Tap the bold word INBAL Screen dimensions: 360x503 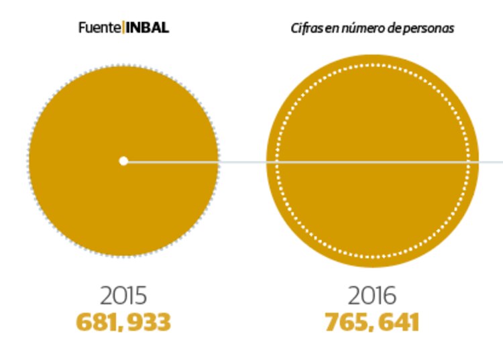pyautogui.click(x=147, y=29)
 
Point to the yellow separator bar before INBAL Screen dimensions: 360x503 pyautogui.click(x=123, y=29)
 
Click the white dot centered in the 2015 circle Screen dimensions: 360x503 pyautogui.click(x=123, y=161)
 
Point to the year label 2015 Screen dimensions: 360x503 pyautogui.click(x=123, y=296)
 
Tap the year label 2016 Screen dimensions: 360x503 pyautogui.click(x=372, y=296)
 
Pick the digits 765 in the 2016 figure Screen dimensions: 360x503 pyautogui.click(x=346, y=322)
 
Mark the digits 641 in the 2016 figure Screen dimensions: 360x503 pyautogui.click(x=398, y=322)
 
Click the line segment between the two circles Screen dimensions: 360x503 pyautogui.click(x=243, y=162)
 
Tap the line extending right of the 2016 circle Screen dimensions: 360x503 pyautogui.click(x=491, y=162)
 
